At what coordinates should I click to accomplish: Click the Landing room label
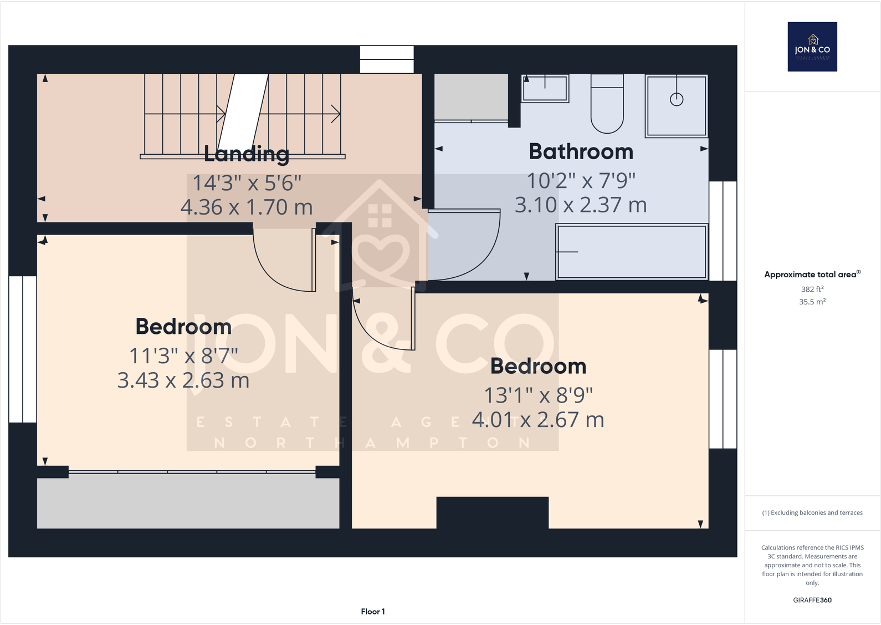click(x=247, y=154)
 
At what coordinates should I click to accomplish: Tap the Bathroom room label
click(x=581, y=151)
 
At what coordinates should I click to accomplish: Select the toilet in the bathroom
click(x=607, y=104)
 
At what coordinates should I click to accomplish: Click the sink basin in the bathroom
click(x=545, y=89)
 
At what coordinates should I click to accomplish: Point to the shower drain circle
click(x=677, y=99)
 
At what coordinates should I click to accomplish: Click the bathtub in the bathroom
click(x=632, y=252)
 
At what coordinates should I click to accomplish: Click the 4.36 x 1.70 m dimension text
click(x=247, y=207)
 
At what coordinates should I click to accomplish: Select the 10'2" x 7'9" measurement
click(x=581, y=181)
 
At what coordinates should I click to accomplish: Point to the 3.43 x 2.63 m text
click(x=183, y=380)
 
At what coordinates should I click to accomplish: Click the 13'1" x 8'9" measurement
click(x=538, y=395)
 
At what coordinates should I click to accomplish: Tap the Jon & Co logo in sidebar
click(x=812, y=47)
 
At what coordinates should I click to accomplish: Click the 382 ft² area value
click(x=812, y=289)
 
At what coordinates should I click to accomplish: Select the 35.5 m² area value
click(x=812, y=302)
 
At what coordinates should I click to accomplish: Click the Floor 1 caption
click(x=373, y=611)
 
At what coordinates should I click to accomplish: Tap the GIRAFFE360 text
click(x=812, y=600)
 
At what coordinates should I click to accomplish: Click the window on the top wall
click(x=387, y=59)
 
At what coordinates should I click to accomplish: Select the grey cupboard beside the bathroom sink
click(x=471, y=97)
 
